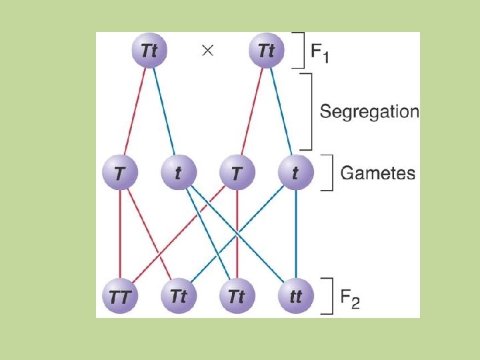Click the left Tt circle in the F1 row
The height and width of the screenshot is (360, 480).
[149, 50]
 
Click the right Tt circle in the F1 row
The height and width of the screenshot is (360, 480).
[266, 50]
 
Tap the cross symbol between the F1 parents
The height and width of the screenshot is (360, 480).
[207, 51]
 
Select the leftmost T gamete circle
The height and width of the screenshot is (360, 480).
[119, 173]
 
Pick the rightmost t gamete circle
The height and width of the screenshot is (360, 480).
[295, 173]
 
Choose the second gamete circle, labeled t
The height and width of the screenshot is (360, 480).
[178, 173]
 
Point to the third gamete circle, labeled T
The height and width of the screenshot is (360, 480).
[237, 173]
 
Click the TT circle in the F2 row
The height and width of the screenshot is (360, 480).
[119, 296]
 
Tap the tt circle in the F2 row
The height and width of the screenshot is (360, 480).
[295, 296]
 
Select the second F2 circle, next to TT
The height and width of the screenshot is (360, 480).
[178, 296]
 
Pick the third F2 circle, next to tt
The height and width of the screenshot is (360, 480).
[237, 296]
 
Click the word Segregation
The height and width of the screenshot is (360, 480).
[369, 111]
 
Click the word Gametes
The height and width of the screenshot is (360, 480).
[377, 174]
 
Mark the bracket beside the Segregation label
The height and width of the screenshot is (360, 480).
[308, 111]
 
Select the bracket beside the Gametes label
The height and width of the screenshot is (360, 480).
[327, 173]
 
